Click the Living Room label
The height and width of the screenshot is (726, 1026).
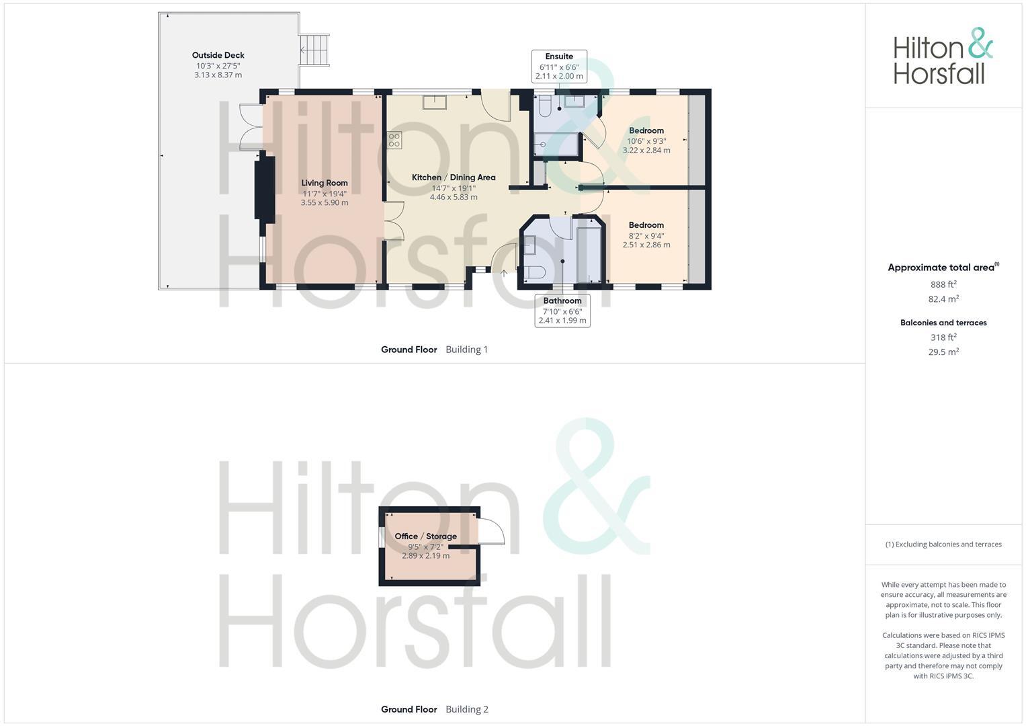pos(325,183)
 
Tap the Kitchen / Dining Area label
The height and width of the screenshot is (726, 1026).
pos(454,177)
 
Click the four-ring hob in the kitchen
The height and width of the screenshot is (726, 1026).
pos(394,140)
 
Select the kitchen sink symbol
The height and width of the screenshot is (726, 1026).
pos(434,102)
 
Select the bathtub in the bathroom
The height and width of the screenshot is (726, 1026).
pos(589,254)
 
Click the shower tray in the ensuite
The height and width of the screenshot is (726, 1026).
pos(556,144)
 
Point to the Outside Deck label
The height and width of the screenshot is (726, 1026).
pos(218,55)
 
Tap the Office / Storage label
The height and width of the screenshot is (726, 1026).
pos(425,536)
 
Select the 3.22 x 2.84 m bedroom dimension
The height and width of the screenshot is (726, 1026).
pos(646,150)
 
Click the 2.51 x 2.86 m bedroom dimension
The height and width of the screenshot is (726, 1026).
pos(646,245)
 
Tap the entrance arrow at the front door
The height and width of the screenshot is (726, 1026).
pos(504,273)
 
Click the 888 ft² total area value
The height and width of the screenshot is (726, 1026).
pos(943,284)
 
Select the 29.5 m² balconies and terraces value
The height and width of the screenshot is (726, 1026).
pos(943,352)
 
